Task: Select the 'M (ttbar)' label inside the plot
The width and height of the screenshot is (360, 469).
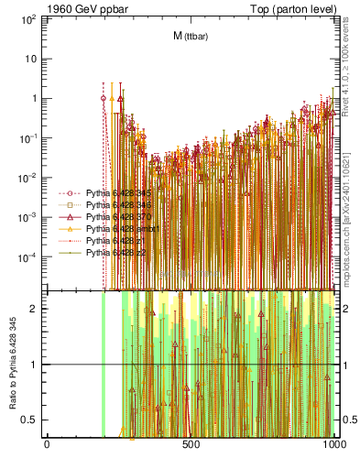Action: (x=189, y=37)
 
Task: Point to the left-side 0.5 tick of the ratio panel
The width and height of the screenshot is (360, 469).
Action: (x=33, y=420)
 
